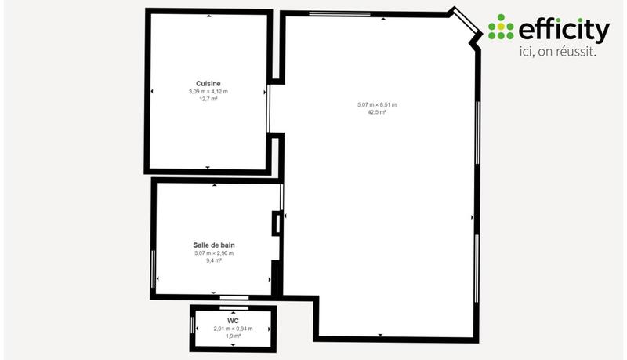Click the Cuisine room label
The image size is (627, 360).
click(x=208, y=83)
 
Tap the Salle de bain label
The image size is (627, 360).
click(x=214, y=245)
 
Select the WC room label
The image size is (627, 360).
click(x=233, y=321)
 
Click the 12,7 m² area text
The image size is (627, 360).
click(x=208, y=100)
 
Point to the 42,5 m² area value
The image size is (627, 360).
click(x=377, y=112)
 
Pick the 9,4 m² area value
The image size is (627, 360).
click(x=214, y=260)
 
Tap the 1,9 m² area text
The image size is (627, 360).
click(x=233, y=336)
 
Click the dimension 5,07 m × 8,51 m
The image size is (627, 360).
click(x=377, y=104)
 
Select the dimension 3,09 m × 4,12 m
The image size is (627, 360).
click(x=208, y=92)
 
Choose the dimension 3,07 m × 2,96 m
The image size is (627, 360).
click(x=214, y=253)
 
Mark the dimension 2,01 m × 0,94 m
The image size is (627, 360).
click(x=233, y=329)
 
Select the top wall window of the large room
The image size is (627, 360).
click(x=339, y=13)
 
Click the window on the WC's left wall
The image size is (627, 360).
click(x=192, y=323)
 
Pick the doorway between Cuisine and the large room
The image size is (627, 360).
click(x=269, y=109)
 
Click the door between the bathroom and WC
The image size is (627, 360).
click(x=234, y=298)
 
